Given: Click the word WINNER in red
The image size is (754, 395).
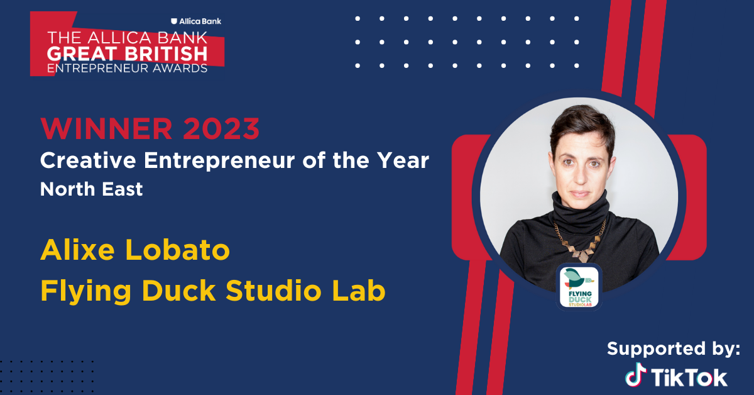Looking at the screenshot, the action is coord(106,128).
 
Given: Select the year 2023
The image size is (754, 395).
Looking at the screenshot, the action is coord(221,128).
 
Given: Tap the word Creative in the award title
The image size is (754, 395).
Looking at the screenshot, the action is coord(88,160).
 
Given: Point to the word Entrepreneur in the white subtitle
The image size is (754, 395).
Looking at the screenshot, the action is coord(219,161).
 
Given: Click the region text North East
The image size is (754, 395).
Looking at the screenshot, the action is coord(91,189).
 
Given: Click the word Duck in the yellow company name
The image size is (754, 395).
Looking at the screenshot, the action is coord(178,290).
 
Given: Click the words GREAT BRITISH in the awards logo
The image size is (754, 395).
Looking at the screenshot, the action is coord(127,54).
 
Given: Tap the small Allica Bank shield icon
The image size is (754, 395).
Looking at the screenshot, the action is coord(174,21).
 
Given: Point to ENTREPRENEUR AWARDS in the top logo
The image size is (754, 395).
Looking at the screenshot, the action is coord(127,69).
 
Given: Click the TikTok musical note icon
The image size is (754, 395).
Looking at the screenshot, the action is coord(635,374).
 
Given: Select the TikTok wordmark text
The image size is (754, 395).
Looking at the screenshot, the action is coord(689,377).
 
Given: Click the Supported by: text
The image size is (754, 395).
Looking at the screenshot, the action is coord(674,349).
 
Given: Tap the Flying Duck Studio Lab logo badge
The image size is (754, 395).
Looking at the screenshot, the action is coord(579,287).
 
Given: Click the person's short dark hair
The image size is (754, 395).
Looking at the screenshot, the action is coord(582,125).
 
